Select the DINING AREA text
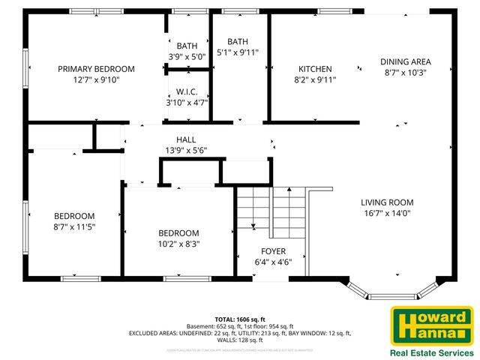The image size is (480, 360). (x=405, y=62)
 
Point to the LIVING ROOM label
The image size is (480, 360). (x=386, y=202)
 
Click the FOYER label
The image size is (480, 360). (x=273, y=250)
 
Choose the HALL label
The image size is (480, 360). (x=186, y=139)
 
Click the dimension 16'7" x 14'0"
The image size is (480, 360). (x=386, y=213)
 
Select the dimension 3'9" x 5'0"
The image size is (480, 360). (x=187, y=56)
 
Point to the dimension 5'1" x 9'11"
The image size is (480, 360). (x=237, y=52)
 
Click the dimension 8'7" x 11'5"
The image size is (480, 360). (x=75, y=226)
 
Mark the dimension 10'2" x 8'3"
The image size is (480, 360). (x=178, y=244)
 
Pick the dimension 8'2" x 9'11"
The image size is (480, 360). (x=315, y=79)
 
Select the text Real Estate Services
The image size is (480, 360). (x=430, y=352)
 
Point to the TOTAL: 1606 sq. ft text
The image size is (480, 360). (x=240, y=318)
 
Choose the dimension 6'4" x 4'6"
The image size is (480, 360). (x=273, y=262)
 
